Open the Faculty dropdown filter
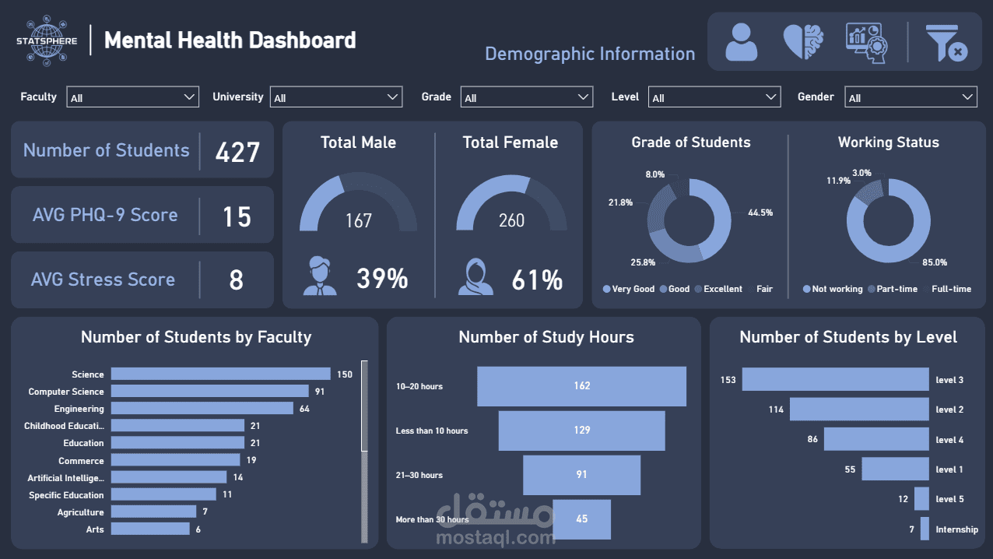click(132, 97)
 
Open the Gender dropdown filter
click(910, 97)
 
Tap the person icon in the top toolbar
click(741, 42)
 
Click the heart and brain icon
click(803, 42)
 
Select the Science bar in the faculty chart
click(220, 374)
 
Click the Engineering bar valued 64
click(202, 408)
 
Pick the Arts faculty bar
click(150, 529)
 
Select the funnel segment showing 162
click(581, 386)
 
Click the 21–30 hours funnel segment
click(581, 475)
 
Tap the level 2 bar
click(859, 410)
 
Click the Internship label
click(956, 529)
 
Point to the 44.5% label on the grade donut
click(760, 213)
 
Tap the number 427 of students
click(237, 151)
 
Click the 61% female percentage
click(537, 279)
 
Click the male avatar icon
click(320, 278)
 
